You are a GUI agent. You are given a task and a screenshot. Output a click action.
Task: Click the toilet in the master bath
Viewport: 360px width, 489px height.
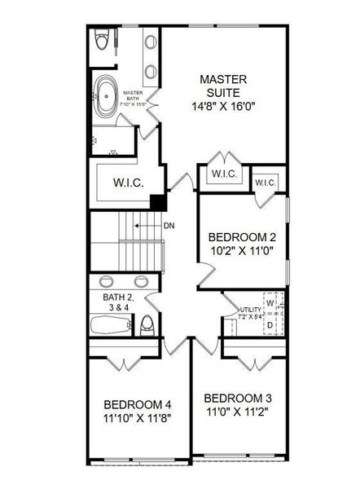tap(102, 40)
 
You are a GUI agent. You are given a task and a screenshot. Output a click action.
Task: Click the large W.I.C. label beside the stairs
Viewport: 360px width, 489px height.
tap(129, 183)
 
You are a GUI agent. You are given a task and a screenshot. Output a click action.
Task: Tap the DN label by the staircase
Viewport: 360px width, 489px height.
tap(169, 226)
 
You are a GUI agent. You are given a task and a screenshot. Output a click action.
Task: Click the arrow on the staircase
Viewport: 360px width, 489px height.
tap(147, 226)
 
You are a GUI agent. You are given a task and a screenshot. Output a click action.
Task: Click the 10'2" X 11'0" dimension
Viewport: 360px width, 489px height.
tap(242, 252)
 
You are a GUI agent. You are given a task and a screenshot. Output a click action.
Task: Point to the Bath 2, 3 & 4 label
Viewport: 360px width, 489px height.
tap(117, 303)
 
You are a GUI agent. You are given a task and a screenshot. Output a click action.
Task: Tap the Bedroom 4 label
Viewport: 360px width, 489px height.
tap(138, 405)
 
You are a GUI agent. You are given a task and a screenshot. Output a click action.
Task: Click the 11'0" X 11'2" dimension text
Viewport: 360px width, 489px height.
tap(236, 412)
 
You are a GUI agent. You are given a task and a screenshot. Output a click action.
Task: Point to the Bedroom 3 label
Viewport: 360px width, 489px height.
tap(236, 398)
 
